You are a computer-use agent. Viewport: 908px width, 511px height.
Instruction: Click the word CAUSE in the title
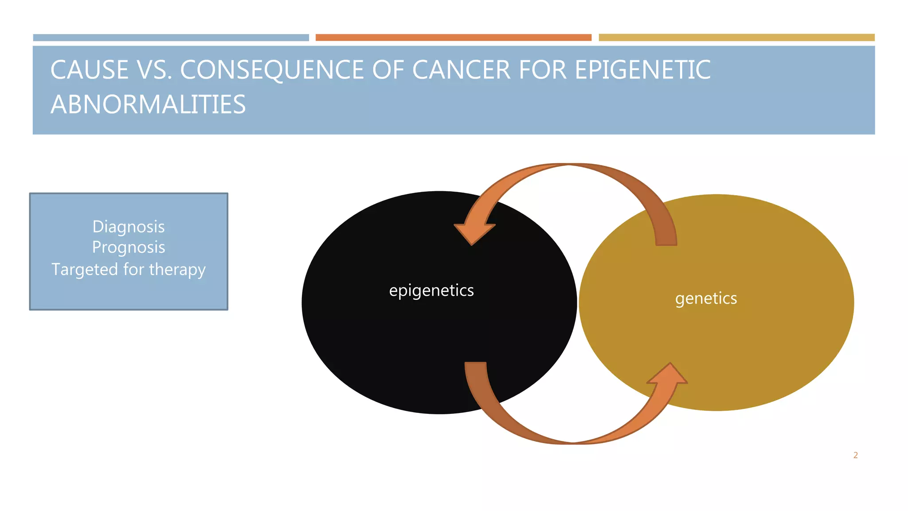coord(90,70)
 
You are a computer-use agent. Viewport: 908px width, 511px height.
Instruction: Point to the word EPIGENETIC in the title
coord(643,70)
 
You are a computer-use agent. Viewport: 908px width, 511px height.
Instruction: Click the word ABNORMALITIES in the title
coord(148,105)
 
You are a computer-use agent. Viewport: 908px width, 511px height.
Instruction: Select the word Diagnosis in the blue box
coord(129,227)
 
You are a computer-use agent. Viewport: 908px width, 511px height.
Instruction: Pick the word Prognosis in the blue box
coord(129,247)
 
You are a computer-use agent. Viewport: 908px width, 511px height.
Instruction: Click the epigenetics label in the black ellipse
coord(431,291)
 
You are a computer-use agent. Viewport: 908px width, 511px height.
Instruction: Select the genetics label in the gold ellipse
coord(706,299)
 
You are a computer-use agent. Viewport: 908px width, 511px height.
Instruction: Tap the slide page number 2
coord(855,455)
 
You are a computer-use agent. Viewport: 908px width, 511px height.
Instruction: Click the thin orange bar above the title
coord(453,38)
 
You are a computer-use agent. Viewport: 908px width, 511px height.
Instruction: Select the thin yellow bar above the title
coord(736,38)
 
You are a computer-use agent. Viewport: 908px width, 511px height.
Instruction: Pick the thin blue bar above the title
coord(171,38)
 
